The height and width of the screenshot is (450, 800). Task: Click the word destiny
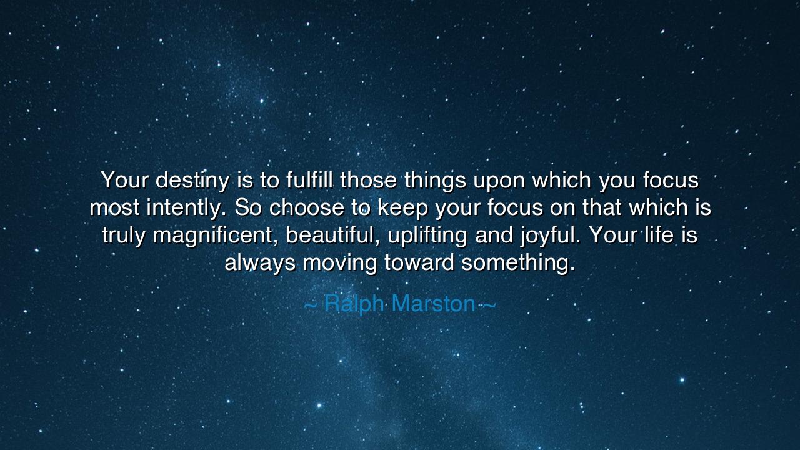pos(192,181)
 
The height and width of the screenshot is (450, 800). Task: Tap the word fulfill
pos(309,179)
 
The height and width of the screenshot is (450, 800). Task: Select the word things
pos(436,181)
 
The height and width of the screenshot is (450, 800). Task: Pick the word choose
pos(307,207)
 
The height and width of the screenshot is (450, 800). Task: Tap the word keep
pos(403,209)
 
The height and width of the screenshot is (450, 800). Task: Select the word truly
pos(124,236)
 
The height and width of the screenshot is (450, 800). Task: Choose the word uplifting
pos(427,236)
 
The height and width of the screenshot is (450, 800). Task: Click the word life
pos(659,234)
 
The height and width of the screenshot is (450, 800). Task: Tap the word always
pos(260,264)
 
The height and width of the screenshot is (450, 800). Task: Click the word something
pos(518,264)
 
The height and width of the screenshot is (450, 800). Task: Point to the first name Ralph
pos(354,304)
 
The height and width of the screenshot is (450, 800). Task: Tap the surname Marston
pos(434,304)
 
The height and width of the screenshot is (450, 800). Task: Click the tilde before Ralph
pos(310,306)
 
